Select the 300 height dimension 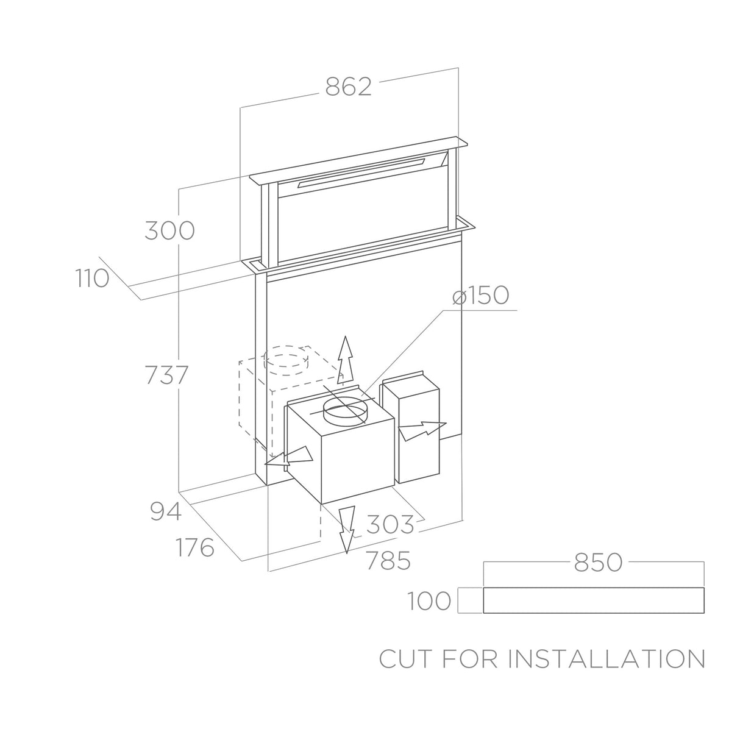coord(169,231)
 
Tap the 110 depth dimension coord(93,279)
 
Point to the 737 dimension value coord(166,375)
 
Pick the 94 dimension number coord(166,511)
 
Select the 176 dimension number coord(195,547)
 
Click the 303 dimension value coord(390,524)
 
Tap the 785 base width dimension coord(388,561)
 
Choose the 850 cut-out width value coord(598,563)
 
